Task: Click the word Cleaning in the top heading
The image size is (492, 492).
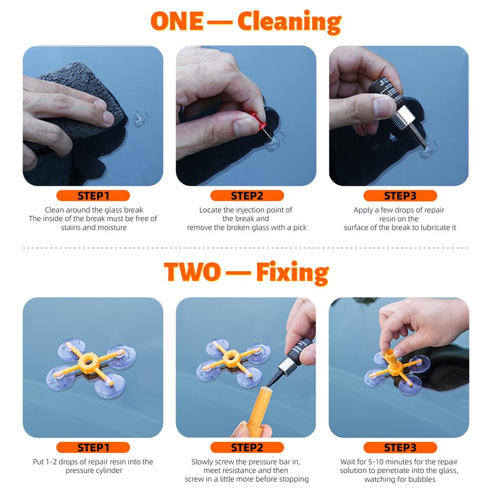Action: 289,22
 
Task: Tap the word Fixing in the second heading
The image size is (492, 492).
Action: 292,273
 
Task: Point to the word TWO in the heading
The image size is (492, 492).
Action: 192,273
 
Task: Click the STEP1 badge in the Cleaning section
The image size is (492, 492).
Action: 93,196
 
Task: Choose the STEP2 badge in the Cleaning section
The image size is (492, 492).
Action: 247,196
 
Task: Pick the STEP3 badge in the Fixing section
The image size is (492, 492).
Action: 400,447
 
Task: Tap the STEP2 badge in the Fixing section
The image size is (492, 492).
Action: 247,447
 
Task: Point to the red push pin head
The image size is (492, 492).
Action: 259,121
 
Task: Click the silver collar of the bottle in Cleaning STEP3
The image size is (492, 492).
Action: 407,119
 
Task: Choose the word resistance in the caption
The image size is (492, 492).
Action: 238,470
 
